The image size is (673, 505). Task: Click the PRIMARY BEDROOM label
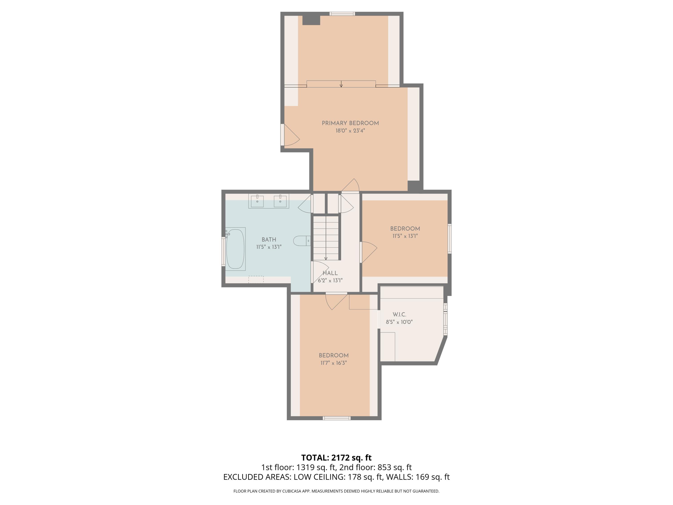click(x=350, y=123)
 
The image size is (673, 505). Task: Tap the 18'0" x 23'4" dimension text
click(x=350, y=131)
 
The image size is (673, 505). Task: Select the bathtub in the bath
click(x=235, y=249)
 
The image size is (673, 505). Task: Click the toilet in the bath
click(x=301, y=241)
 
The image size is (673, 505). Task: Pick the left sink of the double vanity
click(x=257, y=201)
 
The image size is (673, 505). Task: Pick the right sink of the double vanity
click(x=280, y=201)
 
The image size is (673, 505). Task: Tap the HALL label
click(x=330, y=273)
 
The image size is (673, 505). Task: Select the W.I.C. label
click(x=399, y=314)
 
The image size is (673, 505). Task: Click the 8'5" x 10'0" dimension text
click(x=399, y=322)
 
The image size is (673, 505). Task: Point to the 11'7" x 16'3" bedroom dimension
click(x=333, y=363)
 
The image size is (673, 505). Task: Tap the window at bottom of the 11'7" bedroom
click(x=336, y=418)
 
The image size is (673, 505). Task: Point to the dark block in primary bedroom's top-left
click(x=311, y=20)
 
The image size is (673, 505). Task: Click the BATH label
click(x=269, y=239)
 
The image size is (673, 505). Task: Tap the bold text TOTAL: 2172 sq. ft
click(x=336, y=458)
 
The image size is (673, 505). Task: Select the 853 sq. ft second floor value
click(x=394, y=467)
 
